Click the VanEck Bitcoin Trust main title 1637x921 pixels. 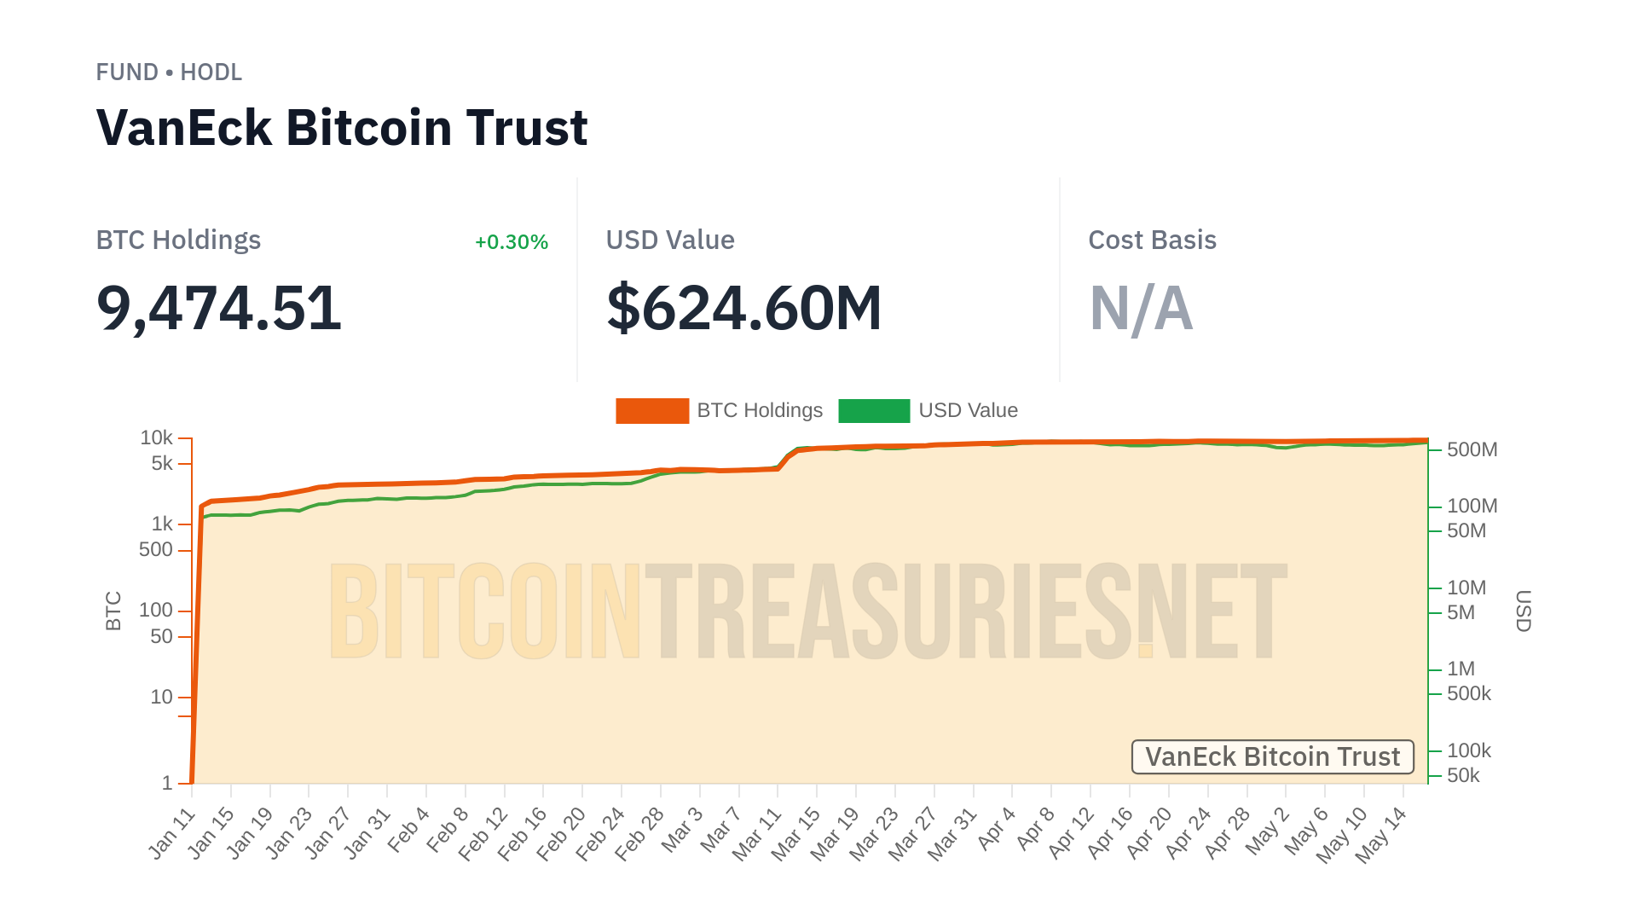tap(341, 128)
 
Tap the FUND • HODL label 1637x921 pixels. tap(169, 72)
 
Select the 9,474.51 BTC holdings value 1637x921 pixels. tap(218, 308)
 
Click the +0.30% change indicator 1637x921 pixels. tap(511, 242)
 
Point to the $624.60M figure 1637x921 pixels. tap(743, 308)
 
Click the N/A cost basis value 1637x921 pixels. tap(1141, 308)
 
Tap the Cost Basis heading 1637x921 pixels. tap(1152, 240)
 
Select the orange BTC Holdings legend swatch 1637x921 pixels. tap(652, 411)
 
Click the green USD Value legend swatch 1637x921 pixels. tap(874, 411)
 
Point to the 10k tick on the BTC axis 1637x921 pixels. tap(157, 437)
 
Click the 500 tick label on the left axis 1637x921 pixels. tap(156, 550)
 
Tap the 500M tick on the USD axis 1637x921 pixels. tap(1472, 449)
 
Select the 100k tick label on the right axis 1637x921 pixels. tap(1468, 750)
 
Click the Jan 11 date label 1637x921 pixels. tap(172, 833)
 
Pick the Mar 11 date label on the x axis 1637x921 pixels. tap(757, 833)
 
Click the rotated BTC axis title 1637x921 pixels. tap(113, 611)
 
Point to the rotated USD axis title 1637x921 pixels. tap(1523, 611)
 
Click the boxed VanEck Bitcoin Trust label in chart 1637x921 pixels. tap(1272, 757)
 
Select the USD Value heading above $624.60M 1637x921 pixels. tap(670, 240)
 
